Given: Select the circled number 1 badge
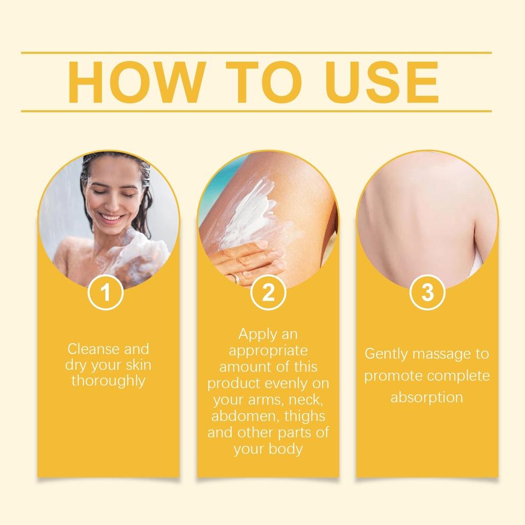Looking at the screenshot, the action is point(106,292).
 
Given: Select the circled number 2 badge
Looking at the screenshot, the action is point(268,292).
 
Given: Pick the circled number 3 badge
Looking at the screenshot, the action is point(427,292).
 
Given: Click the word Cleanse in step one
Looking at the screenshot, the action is point(93,349).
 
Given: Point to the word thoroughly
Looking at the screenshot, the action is point(108,381).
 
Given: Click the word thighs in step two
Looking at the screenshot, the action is point(299,417).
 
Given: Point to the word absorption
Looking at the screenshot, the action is point(427,398).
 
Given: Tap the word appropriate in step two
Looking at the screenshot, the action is point(268,351).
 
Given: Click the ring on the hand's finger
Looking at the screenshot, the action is point(236,278).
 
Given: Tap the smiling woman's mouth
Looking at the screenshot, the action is point(111,218).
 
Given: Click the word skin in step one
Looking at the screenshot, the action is point(138,365).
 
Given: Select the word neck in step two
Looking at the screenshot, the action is point(306,400).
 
